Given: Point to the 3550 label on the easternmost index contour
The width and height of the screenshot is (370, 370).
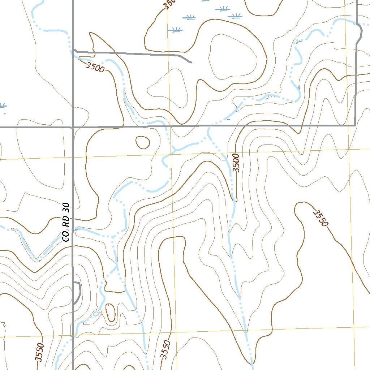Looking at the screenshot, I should pos(320,218).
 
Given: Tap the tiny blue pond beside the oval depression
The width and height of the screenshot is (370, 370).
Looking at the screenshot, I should pos(96,313).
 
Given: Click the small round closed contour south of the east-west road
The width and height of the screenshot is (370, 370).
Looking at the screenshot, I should pos(142,142).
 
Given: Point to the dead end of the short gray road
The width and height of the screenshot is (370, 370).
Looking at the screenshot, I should pos(191,62).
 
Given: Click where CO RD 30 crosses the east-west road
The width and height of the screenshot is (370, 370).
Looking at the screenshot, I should pos(73,127).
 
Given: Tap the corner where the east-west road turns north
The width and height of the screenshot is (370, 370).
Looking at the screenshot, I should pos(355,125).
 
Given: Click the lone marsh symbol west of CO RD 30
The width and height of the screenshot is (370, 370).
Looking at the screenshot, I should pos(2,106).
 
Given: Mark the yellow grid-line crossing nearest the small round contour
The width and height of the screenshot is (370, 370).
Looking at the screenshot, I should pos(170,154).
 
